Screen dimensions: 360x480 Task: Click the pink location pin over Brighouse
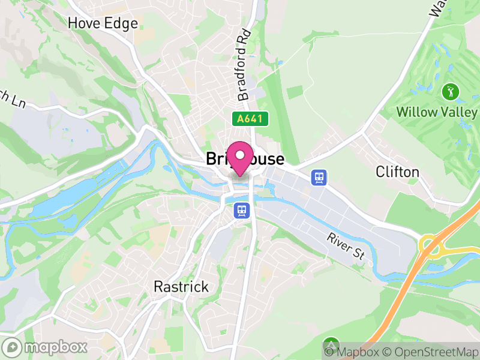coord(240,158)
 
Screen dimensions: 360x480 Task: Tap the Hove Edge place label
coord(103,23)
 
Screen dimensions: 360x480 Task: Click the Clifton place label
coord(397,172)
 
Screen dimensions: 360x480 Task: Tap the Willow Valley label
coord(436,112)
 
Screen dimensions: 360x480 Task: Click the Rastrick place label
coord(181,286)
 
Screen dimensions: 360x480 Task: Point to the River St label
coord(346,246)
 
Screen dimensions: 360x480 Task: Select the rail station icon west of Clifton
coord(319,177)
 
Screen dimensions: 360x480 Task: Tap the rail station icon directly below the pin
coord(242,211)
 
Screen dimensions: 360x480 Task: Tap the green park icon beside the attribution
coord(331,345)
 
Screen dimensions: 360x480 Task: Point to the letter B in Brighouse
coord(211,158)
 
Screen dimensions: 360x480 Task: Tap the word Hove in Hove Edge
coord(85,23)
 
